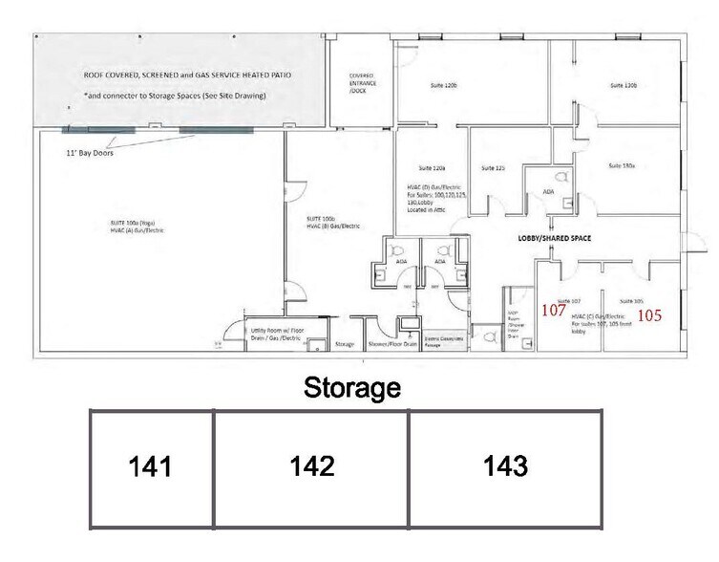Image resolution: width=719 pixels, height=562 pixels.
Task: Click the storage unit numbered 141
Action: click(x=151, y=467)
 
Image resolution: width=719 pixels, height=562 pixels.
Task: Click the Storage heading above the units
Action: click(x=350, y=388)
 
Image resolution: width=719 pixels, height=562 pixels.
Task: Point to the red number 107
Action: click(x=555, y=310)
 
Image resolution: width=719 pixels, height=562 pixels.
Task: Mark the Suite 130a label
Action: click(x=622, y=166)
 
